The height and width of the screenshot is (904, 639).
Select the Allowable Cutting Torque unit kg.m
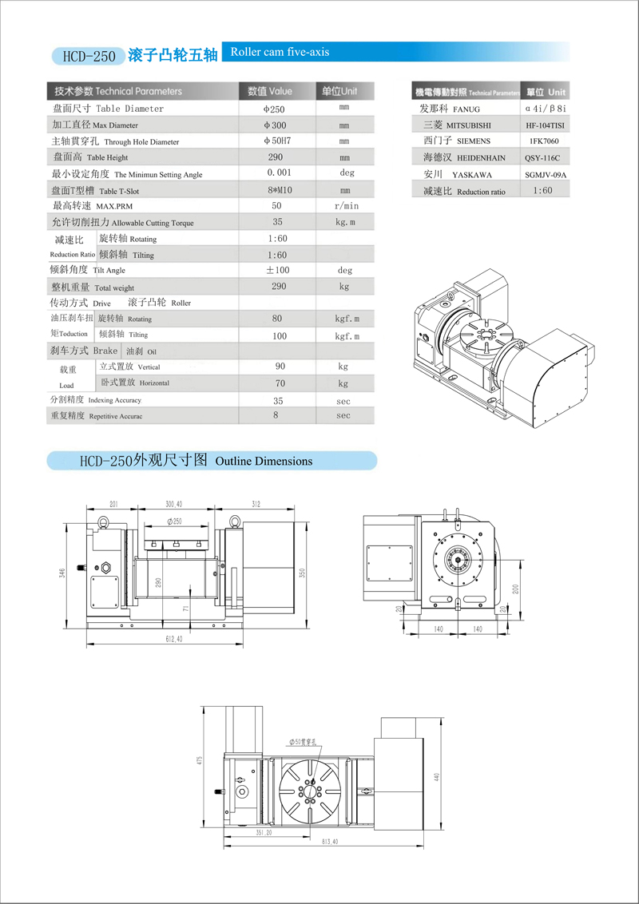coord(344,223)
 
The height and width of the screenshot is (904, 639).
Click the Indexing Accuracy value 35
coord(278,400)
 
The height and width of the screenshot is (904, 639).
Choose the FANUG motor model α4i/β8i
coord(546,109)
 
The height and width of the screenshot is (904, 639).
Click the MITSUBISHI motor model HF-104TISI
coord(546,125)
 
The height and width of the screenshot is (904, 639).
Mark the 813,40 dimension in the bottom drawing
coord(330,842)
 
